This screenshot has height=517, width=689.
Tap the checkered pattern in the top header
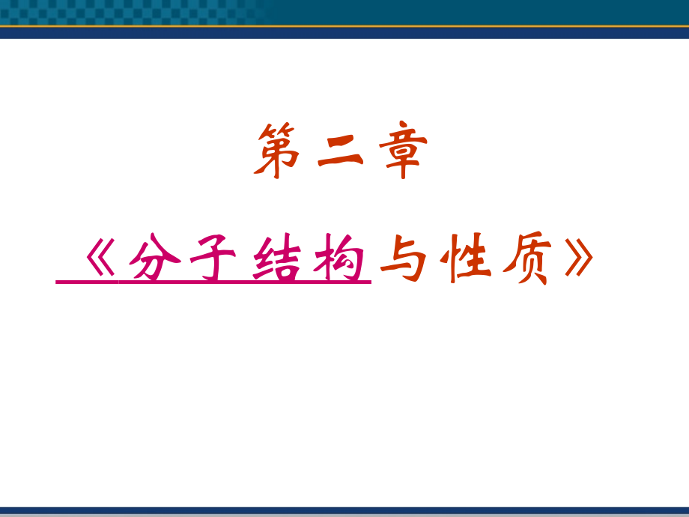point(127,12)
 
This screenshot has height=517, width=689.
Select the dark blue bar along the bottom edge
point(344,512)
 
